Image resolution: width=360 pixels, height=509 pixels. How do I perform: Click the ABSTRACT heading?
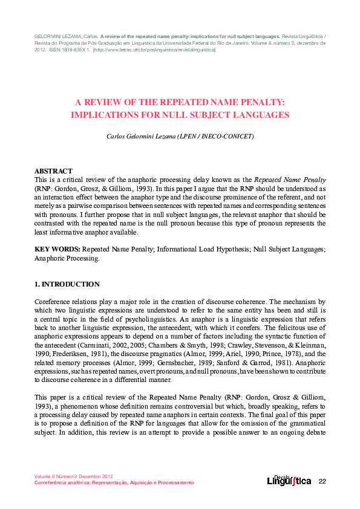pyautogui.click(x=53, y=171)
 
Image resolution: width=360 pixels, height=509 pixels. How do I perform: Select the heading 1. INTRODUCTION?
pyautogui.click(x=67, y=284)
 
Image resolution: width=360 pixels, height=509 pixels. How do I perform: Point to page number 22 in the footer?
pyautogui.click(x=322, y=481)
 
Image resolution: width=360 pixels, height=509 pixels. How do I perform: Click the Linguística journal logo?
pyautogui.click(x=289, y=480)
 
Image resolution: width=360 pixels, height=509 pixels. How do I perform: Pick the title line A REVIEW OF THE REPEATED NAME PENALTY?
pyautogui.click(x=180, y=103)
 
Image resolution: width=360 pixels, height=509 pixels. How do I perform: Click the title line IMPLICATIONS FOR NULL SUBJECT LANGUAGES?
pyautogui.click(x=180, y=114)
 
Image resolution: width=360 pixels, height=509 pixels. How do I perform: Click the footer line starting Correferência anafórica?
pyautogui.click(x=114, y=482)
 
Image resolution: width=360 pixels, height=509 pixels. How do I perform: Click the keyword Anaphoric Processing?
pyautogui.click(x=67, y=258)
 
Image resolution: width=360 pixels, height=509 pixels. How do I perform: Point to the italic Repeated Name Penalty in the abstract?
pyautogui.click(x=290, y=180)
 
